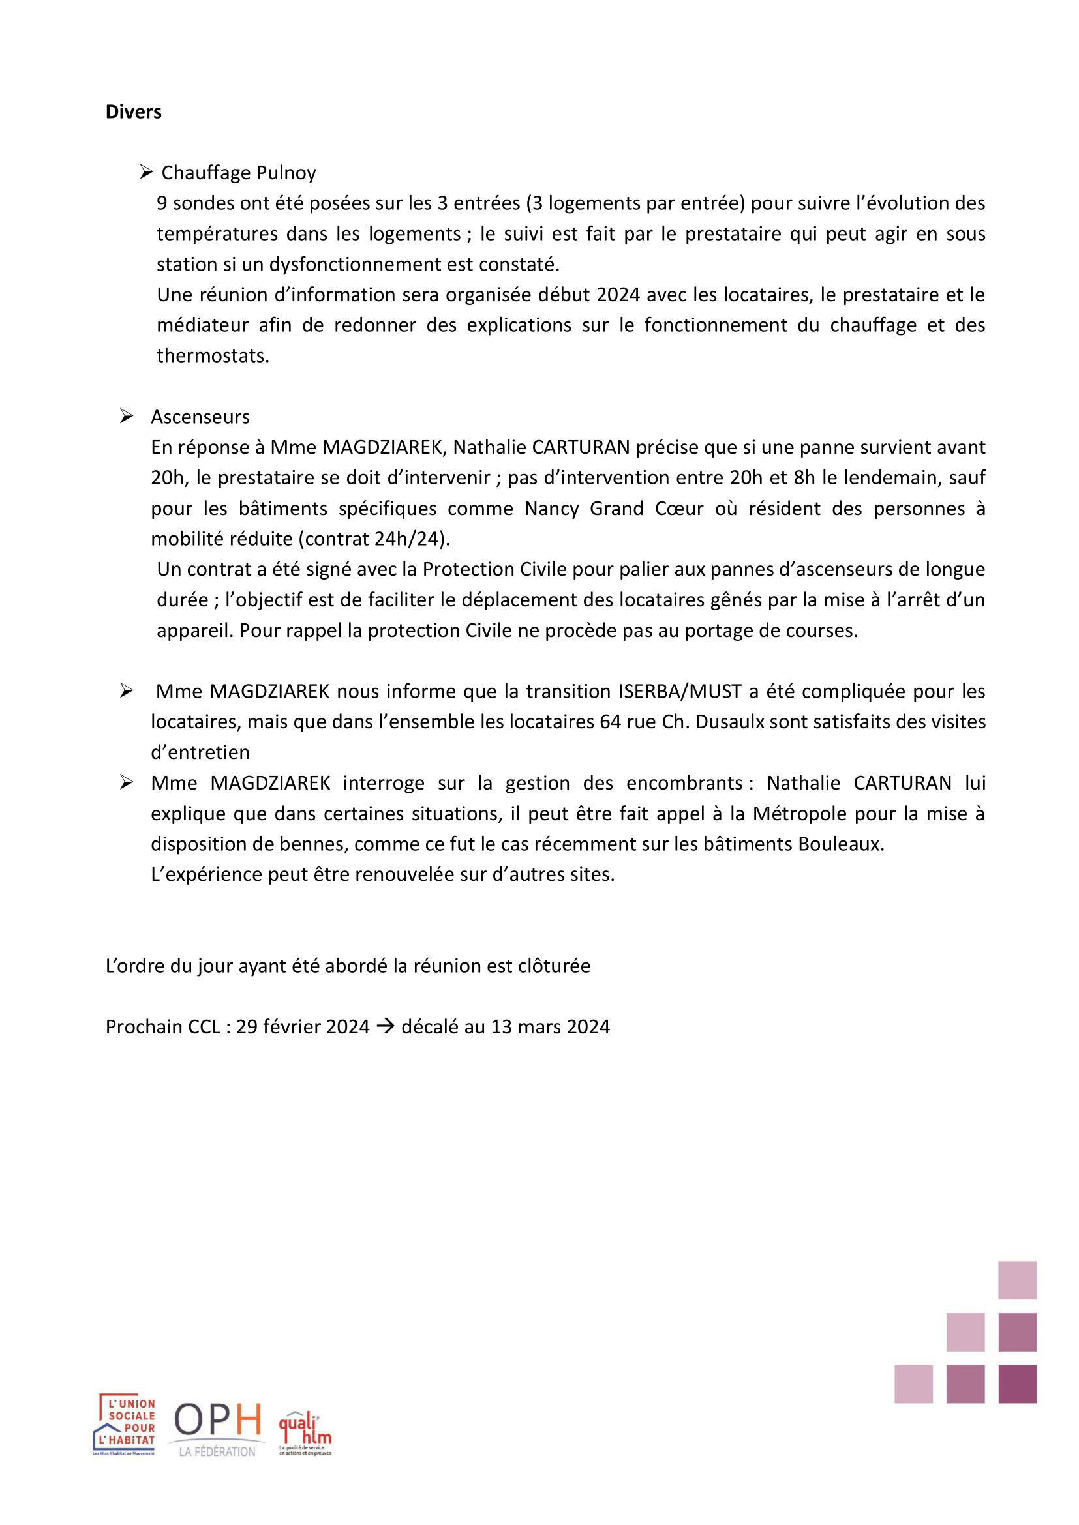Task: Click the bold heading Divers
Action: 133,111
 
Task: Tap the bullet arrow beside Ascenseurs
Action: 127,417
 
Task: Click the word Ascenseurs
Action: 200,417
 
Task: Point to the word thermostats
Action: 213,356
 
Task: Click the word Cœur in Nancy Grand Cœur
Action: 679,509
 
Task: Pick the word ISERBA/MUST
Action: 680,691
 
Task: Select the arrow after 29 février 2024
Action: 386,1026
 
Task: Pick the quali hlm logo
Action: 305,1433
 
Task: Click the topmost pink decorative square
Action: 1016,1280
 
